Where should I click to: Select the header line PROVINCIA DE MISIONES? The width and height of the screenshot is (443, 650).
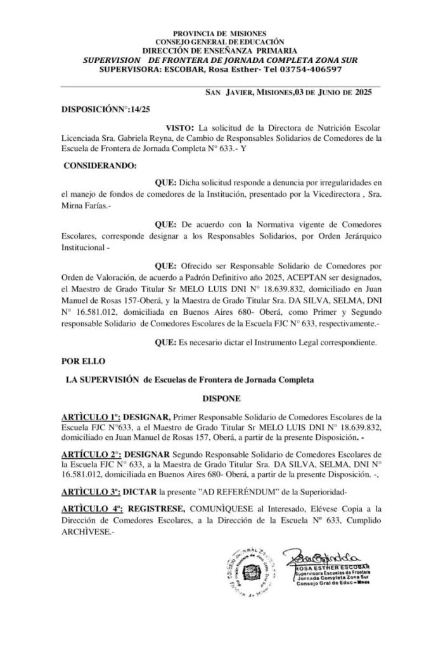tap(220, 33)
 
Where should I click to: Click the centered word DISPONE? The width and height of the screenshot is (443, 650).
tap(221, 401)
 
